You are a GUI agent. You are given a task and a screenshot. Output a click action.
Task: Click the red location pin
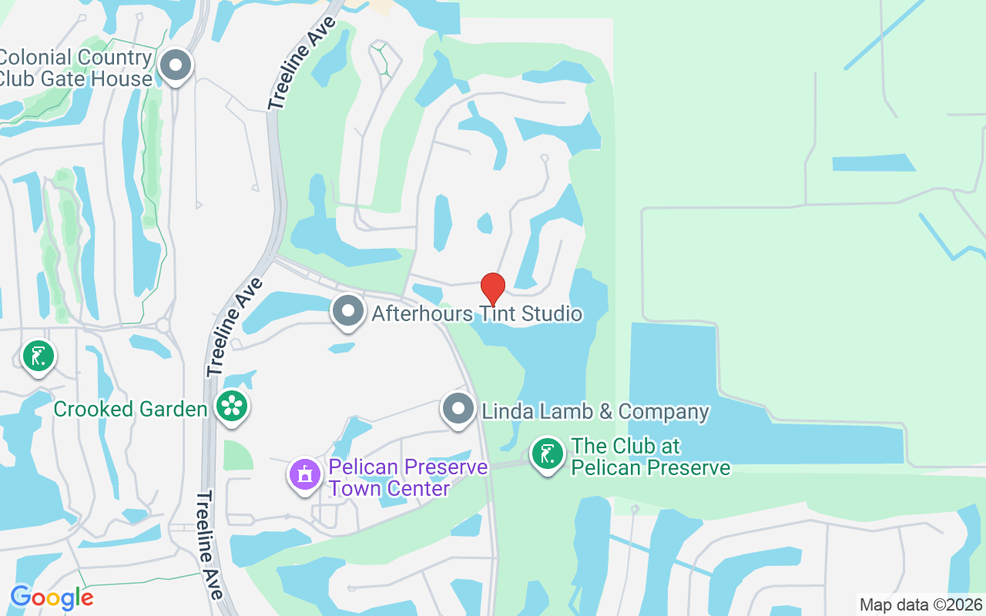(493, 289)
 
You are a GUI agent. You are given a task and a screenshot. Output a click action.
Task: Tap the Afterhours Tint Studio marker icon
(348, 312)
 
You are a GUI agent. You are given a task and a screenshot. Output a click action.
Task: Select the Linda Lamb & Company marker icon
(459, 409)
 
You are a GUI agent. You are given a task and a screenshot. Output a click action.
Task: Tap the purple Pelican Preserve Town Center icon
(305, 474)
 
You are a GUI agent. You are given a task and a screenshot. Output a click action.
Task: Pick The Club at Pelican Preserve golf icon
(547, 454)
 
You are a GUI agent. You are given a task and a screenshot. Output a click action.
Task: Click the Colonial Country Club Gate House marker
(176, 65)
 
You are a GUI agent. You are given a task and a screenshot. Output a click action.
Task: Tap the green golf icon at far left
(38, 356)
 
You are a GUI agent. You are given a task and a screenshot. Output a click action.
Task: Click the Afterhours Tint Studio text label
(477, 314)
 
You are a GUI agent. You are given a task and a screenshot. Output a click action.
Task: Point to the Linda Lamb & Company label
(595, 411)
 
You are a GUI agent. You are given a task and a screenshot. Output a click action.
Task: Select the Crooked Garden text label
(130, 408)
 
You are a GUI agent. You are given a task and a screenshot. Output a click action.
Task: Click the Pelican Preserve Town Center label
(408, 477)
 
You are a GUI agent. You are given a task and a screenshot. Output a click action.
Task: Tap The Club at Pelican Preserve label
(650, 457)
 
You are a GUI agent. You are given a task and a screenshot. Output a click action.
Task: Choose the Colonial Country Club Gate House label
(75, 68)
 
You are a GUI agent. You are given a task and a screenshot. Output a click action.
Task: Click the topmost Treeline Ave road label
(303, 63)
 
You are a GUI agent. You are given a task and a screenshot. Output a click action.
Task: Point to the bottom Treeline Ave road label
(210, 545)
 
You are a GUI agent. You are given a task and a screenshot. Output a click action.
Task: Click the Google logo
(52, 598)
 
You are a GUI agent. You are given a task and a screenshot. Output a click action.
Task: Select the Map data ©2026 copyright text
(921, 604)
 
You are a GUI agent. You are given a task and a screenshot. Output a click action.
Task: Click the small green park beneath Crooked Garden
(237, 455)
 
